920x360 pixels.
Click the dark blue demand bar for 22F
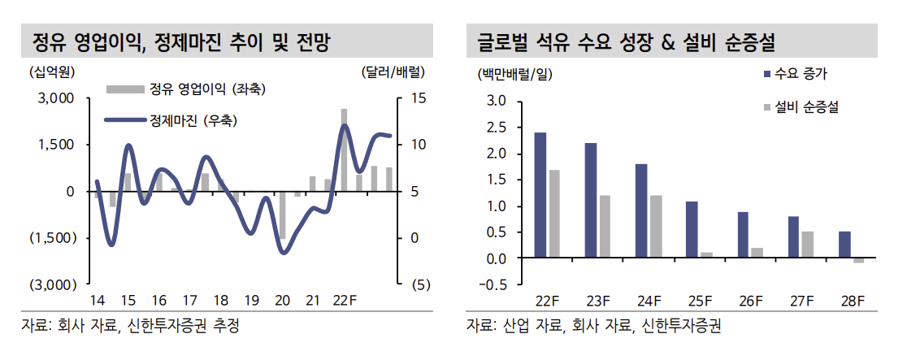point(540,195)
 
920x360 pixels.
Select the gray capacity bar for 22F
point(554,214)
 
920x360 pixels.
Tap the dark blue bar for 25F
point(692,230)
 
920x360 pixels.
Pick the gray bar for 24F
point(656,227)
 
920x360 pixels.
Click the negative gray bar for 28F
point(858,261)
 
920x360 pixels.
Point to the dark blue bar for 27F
point(793,237)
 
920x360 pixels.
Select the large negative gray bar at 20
point(282,215)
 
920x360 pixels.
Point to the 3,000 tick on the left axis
point(58,98)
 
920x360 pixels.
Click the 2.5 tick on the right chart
point(496,128)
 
